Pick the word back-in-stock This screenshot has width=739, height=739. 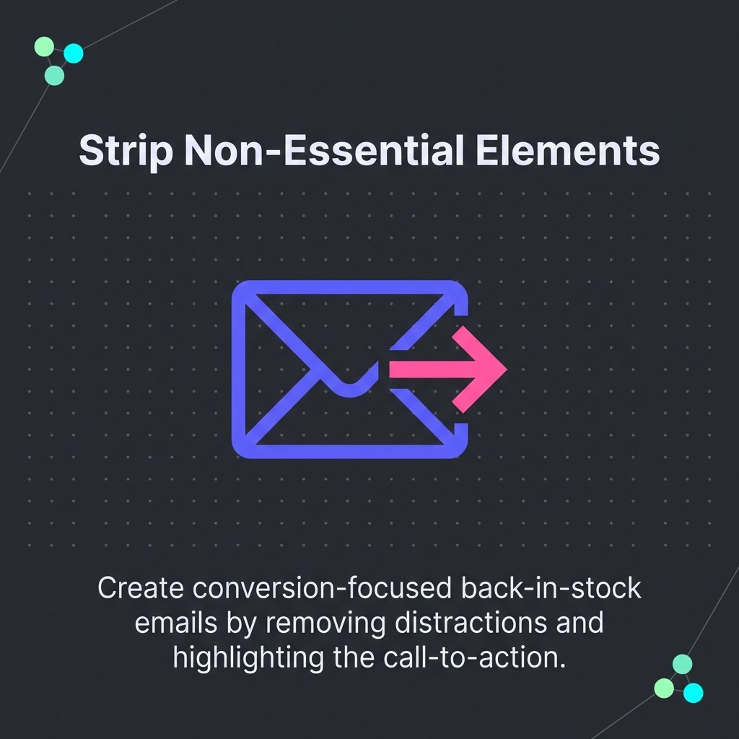point(550,588)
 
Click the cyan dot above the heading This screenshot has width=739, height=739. point(74,53)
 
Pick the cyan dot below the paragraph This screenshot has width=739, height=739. point(693,693)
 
